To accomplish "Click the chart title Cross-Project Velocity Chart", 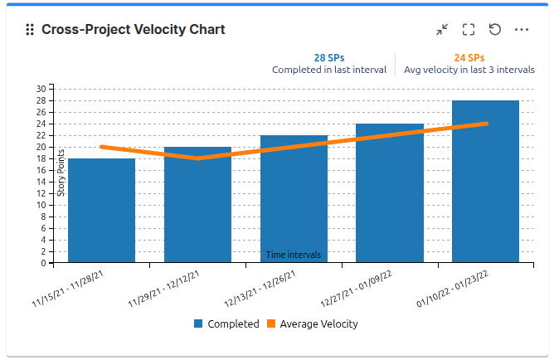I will click(133, 30).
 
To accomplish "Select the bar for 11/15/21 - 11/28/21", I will click(101, 211).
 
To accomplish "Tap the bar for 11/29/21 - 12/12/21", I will click(197, 207).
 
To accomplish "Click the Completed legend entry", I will click(226, 324).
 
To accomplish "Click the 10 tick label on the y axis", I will click(41, 205).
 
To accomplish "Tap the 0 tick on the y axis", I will click(44, 263).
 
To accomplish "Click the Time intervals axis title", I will click(294, 255).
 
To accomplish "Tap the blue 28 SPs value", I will click(329, 58).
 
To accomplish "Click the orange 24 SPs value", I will click(469, 58).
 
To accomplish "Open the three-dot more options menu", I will click(522, 30).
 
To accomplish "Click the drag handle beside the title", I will click(30, 30).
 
